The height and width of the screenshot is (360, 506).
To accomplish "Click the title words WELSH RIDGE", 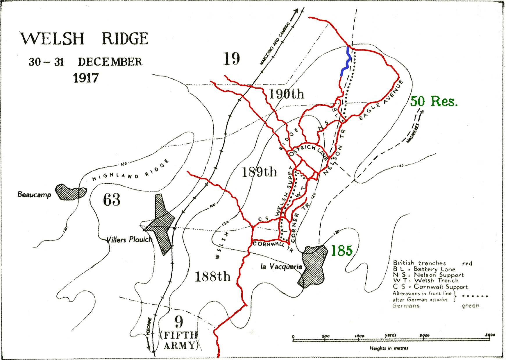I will [84, 39].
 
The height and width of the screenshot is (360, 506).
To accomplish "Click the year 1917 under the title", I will [85, 78].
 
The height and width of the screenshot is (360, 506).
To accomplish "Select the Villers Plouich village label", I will [129, 240].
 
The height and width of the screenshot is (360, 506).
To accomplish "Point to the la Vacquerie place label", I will [281, 266].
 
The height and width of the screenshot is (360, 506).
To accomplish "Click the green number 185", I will [342, 250].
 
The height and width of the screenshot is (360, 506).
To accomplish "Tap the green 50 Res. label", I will [434, 101].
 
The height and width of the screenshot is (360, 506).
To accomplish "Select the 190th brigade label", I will [286, 94].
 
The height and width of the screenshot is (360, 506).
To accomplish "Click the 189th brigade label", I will [259, 172].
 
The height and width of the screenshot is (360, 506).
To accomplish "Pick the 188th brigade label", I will [212, 276].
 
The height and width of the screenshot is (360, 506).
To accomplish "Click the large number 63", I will [112, 200].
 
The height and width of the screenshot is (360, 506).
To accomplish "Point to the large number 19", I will [231, 59].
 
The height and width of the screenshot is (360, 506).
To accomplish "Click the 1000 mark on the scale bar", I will [359, 336].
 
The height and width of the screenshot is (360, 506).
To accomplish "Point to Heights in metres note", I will [389, 348].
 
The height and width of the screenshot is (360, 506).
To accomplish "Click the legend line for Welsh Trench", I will [425, 281].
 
